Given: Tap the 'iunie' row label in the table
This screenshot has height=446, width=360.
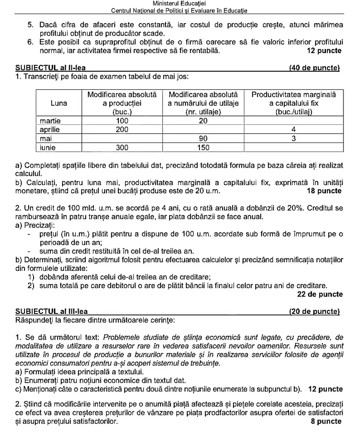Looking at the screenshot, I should click(x=48, y=147).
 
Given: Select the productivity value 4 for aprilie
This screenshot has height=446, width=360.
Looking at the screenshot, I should click(x=293, y=129).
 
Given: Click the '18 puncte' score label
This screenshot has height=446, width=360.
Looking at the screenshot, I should click(x=324, y=191).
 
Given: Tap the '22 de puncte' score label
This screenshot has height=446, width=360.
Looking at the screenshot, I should click(x=320, y=294).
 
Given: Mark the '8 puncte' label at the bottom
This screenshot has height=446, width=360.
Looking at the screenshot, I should click(x=326, y=421).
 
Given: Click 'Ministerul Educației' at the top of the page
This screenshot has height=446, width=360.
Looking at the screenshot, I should click(x=180, y=4).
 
